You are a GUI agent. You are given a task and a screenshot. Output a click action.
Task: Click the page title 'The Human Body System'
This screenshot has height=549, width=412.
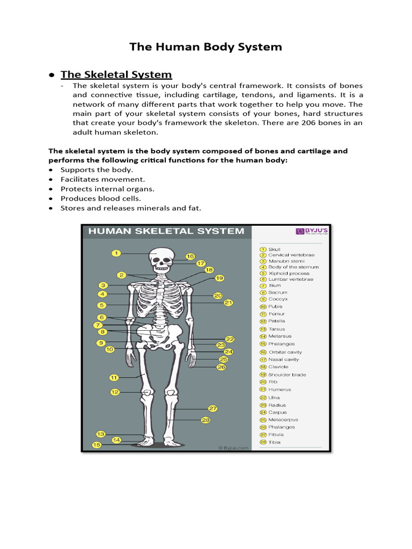pyautogui.click(x=205, y=47)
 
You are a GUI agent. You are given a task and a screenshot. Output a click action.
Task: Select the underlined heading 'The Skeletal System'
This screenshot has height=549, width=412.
pyautogui.click(x=116, y=75)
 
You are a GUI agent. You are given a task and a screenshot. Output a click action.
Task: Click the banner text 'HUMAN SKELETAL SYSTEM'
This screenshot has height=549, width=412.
pyautogui.click(x=166, y=232)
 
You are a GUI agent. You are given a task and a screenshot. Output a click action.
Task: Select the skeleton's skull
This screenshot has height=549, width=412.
pyautogui.click(x=161, y=259)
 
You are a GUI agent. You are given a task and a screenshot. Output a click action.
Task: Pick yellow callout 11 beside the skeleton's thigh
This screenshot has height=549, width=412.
pyautogui.click(x=114, y=377)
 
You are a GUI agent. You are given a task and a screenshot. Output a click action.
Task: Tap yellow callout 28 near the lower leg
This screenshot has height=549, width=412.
pyautogui.click(x=205, y=420)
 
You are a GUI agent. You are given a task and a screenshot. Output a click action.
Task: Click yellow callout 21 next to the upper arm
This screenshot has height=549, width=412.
pyautogui.click(x=229, y=303)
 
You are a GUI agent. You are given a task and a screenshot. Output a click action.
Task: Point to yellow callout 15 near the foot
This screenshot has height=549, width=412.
pyautogui.click(x=97, y=444)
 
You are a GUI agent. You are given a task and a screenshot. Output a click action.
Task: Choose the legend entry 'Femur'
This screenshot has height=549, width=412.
pyautogui.click(x=277, y=314)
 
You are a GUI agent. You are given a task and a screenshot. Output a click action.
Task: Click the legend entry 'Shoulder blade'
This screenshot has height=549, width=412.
pyautogui.click(x=287, y=375)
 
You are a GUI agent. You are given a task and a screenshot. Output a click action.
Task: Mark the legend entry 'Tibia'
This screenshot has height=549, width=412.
pyautogui.click(x=274, y=442)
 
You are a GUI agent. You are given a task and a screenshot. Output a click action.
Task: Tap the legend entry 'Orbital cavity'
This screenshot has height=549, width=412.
pyautogui.click(x=285, y=352)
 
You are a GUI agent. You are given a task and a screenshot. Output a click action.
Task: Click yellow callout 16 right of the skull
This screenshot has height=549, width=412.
pyautogui.click(x=190, y=256)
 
